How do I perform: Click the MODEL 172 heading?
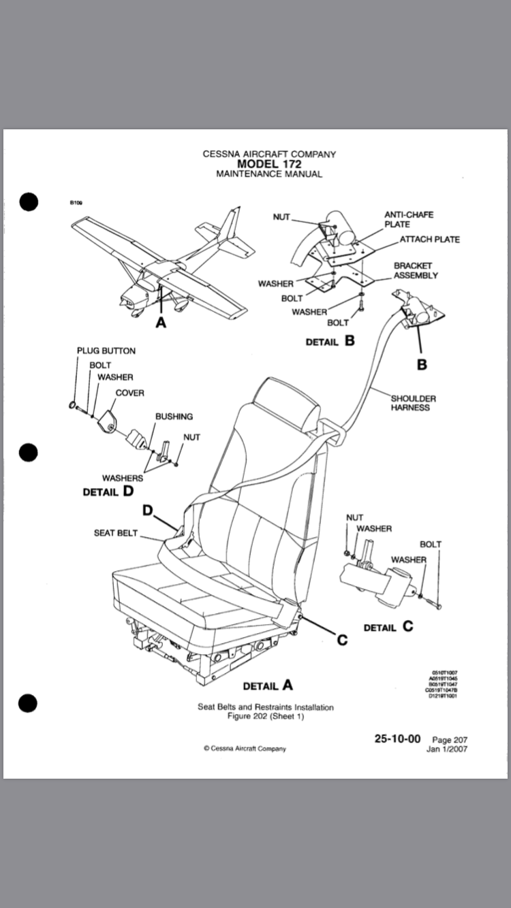click(269, 164)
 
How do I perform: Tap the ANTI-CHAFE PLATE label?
click(408, 219)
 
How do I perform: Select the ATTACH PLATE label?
click(429, 240)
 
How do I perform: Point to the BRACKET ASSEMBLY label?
click(415, 270)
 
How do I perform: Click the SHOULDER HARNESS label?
click(413, 403)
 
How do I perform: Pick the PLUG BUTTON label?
click(106, 351)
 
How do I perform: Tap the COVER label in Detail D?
click(129, 393)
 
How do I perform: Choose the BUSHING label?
click(174, 416)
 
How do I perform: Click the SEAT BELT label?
click(116, 533)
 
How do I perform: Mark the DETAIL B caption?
click(330, 341)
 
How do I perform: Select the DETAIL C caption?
click(388, 626)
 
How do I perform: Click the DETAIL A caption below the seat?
click(268, 685)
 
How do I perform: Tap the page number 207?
click(450, 740)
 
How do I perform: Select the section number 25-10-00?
click(397, 739)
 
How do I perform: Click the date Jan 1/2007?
click(447, 749)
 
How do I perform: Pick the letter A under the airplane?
click(161, 323)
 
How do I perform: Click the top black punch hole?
click(28, 201)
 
